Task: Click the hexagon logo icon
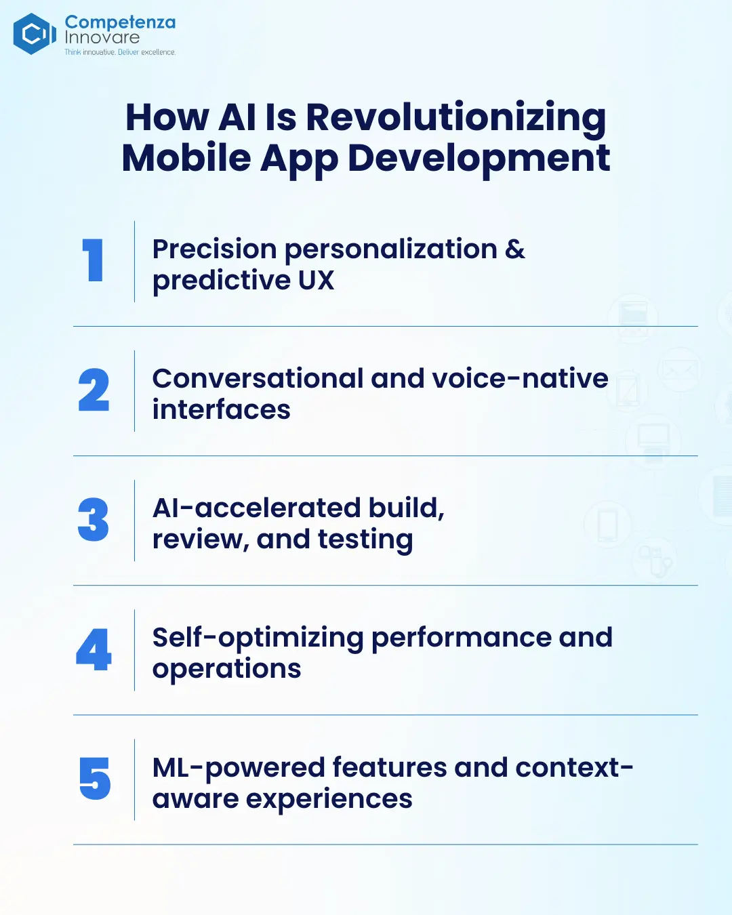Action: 35,34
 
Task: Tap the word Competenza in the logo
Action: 120,23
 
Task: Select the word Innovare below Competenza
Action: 102,38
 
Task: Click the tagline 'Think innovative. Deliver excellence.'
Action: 120,52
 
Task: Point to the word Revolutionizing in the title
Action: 456,119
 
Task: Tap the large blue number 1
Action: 93,260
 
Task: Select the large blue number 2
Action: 94,390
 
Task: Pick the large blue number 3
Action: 93,519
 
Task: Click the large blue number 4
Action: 94,649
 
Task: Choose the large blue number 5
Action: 95,778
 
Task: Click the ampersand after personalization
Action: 514,249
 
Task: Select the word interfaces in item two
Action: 221,409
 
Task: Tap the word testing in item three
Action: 365,541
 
